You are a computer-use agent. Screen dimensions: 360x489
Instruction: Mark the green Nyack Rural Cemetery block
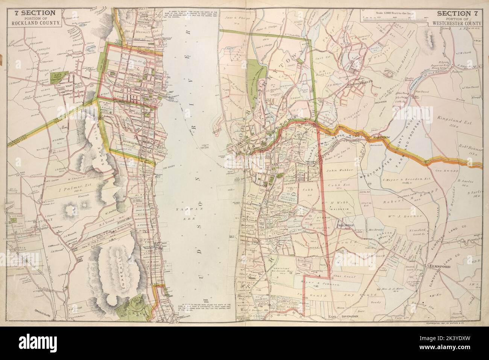pos(58,77)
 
